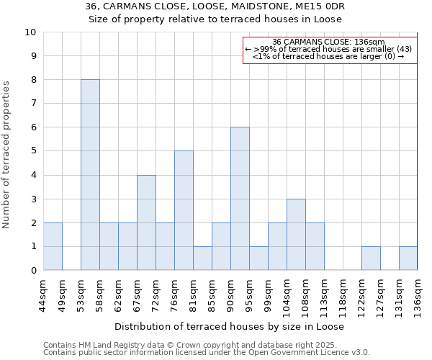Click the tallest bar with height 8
coord(90,175)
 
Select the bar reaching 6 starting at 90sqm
coord(240,199)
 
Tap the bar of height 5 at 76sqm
coord(184,210)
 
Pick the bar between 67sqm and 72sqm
coord(146,222)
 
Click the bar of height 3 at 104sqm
coord(296,234)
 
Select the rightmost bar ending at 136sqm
coord(408,258)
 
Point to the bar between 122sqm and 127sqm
coord(371,258)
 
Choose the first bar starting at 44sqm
coord(53,246)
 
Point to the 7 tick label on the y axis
coord(33,104)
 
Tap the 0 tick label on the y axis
coord(33,271)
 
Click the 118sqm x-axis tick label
coord(343,294)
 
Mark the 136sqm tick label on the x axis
coord(418,294)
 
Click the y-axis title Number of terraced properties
coord(7,155)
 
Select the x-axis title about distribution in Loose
coord(229,326)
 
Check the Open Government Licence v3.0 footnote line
coord(207,352)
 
